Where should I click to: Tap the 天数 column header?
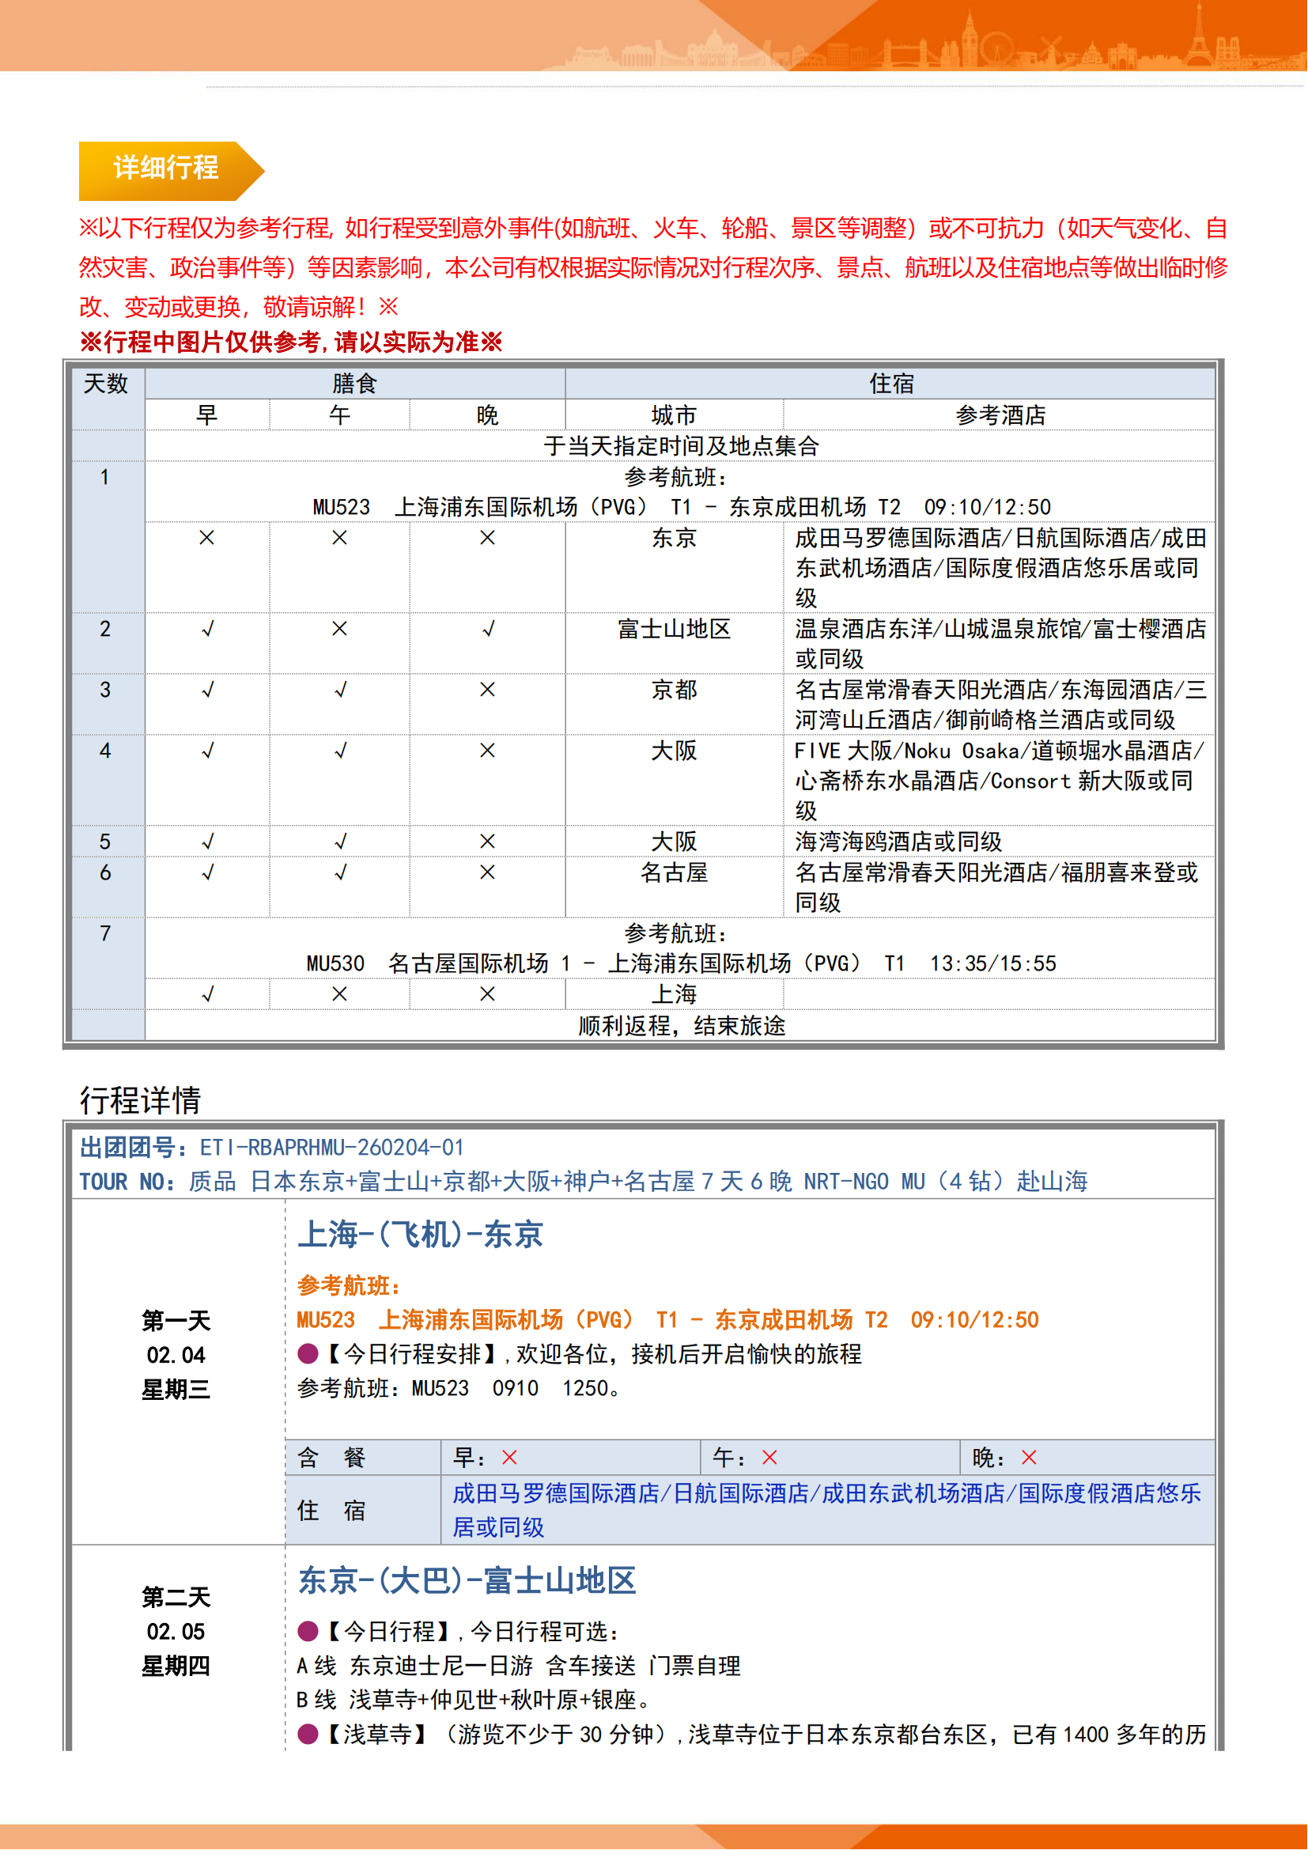click(x=106, y=384)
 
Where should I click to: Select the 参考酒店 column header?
click(x=1000, y=415)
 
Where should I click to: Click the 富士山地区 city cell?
click(x=673, y=629)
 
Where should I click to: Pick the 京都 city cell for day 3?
click(x=673, y=690)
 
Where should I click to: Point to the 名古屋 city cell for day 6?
click(x=673, y=872)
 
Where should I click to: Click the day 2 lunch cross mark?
click(x=339, y=629)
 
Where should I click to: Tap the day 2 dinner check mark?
click(x=487, y=630)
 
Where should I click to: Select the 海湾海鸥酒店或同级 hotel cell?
click(x=898, y=842)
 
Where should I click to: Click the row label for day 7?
click(x=105, y=934)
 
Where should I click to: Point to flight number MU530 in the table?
click(x=335, y=963)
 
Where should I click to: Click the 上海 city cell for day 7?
click(x=673, y=994)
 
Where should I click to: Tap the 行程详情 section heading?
click(x=140, y=1100)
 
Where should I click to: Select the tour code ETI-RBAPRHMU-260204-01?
click(x=331, y=1148)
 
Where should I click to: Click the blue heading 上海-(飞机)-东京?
click(x=421, y=1235)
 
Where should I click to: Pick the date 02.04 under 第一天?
click(x=176, y=1356)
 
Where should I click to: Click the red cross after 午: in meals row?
click(x=769, y=1458)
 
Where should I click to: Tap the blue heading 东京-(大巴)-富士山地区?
click(x=467, y=1581)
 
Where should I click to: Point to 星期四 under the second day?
click(x=176, y=1666)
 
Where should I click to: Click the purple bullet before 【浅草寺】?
click(x=308, y=1734)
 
